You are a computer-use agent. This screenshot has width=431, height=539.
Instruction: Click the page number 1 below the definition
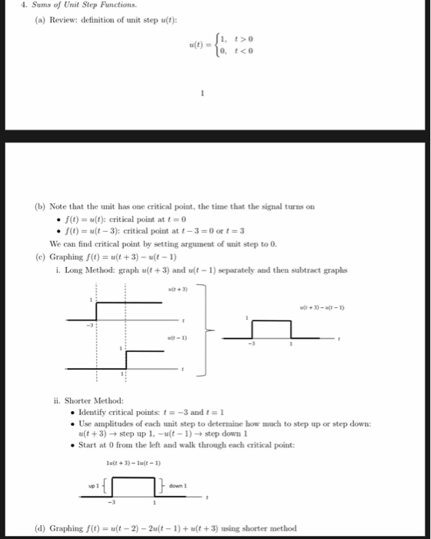click(202, 95)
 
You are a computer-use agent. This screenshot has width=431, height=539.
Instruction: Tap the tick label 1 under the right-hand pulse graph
click(292, 345)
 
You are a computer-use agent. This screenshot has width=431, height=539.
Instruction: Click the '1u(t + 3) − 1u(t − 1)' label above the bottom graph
click(133, 463)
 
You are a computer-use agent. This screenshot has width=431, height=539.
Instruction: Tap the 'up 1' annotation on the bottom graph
click(95, 486)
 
